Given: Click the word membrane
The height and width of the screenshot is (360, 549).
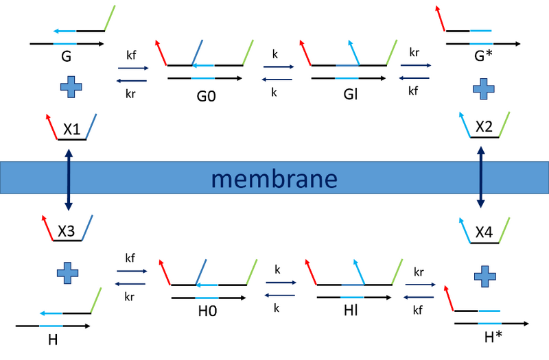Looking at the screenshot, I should (x=274, y=180).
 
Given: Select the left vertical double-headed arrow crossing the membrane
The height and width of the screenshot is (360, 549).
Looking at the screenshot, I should (x=69, y=178).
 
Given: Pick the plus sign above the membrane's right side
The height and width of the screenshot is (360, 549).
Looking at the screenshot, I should (x=484, y=88).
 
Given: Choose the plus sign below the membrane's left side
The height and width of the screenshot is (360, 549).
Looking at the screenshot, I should (x=67, y=272).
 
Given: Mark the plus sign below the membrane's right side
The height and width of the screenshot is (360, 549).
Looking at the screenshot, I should (x=484, y=276).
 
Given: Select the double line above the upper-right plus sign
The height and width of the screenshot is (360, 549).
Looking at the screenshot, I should (x=480, y=38).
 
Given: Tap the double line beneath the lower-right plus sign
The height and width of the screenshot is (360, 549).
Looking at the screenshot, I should (x=489, y=317).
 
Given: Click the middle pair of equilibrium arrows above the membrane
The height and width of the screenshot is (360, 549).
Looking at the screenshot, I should (x=278, y=73).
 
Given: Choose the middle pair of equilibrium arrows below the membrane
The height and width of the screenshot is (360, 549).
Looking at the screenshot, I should (x=281, y=289).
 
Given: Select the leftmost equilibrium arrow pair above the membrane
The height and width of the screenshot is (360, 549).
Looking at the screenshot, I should (x=132, y=74).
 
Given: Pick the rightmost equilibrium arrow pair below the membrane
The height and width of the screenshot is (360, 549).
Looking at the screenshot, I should (x=419, y=290).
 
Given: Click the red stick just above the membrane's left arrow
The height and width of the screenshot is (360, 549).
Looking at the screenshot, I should (x=51, y=126).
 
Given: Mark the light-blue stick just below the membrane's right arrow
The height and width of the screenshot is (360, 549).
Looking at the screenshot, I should (x=465, y=230).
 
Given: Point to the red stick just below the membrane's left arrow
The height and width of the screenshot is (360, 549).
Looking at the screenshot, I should (x=47, y=228).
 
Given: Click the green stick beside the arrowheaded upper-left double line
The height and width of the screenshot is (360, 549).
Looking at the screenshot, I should (x=108, y=17).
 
